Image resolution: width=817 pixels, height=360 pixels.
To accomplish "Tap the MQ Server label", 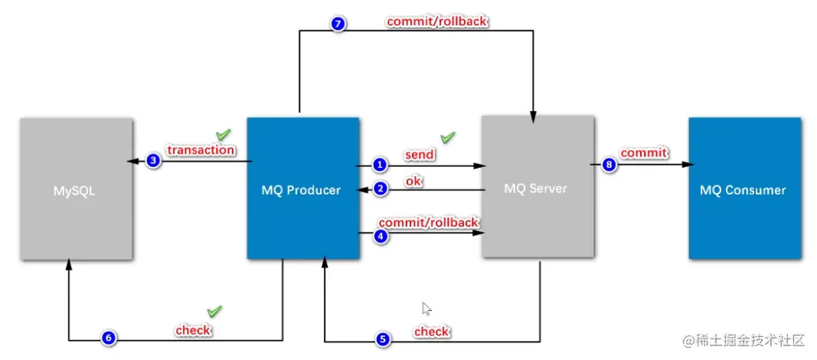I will click(536, 188).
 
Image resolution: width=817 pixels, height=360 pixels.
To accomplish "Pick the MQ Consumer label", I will click(743, 190).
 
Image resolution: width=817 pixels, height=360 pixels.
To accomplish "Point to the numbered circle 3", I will click(153, 161).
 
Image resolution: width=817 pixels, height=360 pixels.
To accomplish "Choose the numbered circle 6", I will click(109, 338).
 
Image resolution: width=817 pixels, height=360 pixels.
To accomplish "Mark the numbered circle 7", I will click(338, 24).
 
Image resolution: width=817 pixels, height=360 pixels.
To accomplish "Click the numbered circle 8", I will click(609, 165).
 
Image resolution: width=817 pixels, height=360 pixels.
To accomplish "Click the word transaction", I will click(201, 150).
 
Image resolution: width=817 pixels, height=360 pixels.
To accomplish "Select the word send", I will click(420, 155).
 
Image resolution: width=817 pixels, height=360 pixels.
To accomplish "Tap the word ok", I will click(413, 181).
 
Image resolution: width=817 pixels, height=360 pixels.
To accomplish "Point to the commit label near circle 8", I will click(643, 153).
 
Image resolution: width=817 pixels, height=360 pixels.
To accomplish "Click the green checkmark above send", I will click(448, 138).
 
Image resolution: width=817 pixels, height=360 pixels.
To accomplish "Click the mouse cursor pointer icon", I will click(426, 309).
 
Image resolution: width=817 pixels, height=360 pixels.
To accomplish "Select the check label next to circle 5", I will click(432, 332).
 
